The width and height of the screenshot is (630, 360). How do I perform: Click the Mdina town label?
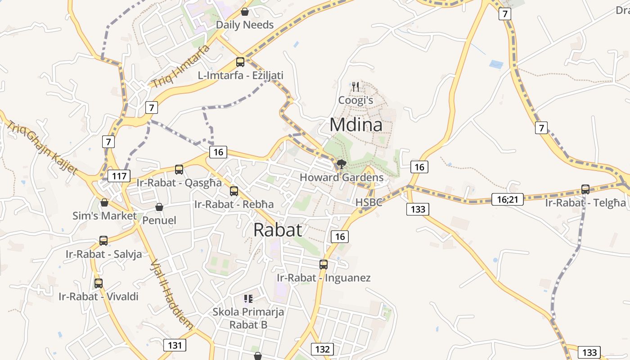tap(356, 125)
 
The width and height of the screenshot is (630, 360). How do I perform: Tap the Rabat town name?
tap(277, 230)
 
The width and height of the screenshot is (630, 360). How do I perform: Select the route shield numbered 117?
tap(119, 176)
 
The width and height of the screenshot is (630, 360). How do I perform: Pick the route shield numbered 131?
tap(175, 345)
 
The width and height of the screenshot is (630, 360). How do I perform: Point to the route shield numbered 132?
tap(322, 349)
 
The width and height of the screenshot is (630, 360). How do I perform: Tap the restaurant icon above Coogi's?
tap(356, 86)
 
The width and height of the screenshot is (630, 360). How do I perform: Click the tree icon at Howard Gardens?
tap(342, 164)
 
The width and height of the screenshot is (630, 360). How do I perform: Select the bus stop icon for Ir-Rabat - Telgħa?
tap(585, 189)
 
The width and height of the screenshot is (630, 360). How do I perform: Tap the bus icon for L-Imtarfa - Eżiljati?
tap(240, 62)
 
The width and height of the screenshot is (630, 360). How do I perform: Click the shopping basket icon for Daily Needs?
tap(245, 12)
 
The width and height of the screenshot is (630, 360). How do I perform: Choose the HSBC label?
tap(369, 202)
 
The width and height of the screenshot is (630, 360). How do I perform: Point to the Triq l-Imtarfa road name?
tap(180, 67)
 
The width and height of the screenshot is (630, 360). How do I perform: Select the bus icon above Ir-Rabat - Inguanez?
tap(324, 265)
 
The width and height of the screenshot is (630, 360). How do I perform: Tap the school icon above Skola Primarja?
tap(248, 298)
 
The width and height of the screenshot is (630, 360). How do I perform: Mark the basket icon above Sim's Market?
tap(104, 203)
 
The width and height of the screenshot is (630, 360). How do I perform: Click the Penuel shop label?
tap(159, 220)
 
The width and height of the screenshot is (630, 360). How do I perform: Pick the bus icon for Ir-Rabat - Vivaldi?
tap(99, 283)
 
